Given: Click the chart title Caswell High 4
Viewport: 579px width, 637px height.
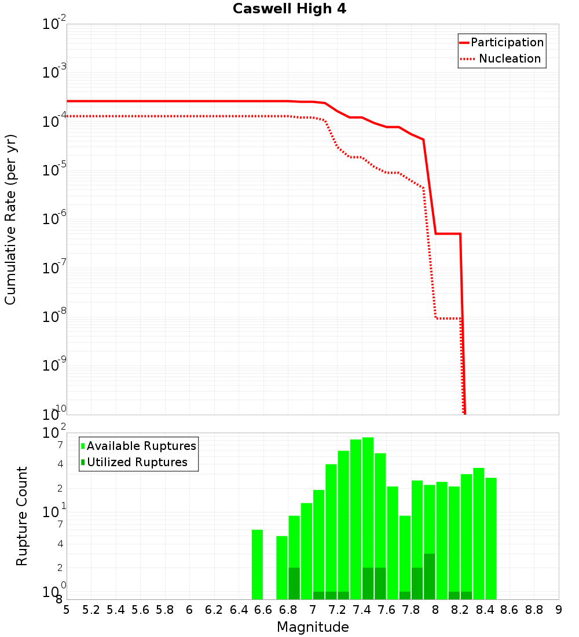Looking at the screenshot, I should point(289,9).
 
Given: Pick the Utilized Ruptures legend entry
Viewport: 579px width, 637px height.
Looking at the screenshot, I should point(137,462).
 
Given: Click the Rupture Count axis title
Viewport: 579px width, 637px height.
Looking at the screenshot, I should point(22,515).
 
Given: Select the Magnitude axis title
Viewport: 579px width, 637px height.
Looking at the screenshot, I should point(313,627).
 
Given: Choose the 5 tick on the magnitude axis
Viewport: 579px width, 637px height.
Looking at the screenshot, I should point(67,610).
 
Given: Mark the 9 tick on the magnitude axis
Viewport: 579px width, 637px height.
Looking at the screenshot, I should point(559,610).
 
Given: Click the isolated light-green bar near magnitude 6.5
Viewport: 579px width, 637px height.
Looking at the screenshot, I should point(257,565).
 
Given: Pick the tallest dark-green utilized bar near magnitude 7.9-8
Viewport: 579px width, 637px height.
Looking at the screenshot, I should point(429,577).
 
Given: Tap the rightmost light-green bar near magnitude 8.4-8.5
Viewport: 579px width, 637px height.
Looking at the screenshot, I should point(491,539).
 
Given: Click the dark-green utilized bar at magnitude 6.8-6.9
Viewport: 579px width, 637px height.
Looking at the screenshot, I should point(294,584).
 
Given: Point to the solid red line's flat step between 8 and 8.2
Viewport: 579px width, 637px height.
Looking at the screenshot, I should point(448,233).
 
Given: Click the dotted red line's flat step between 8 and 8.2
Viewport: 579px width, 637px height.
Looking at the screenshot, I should point(448,318).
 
